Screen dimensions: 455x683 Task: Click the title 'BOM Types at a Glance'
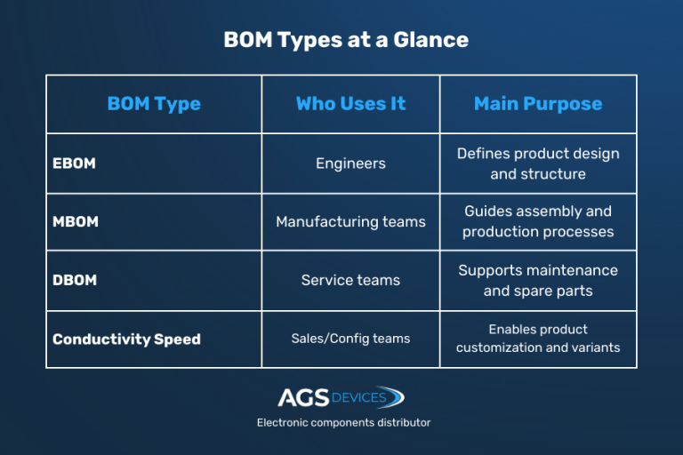point(345,40)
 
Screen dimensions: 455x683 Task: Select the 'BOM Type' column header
point(154,104)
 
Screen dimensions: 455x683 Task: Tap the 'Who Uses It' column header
point(350,104)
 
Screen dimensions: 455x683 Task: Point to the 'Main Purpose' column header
point(538,104)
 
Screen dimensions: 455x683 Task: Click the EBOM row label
point(74,164)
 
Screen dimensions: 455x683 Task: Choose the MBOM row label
point(76,221)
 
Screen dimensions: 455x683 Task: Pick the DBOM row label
point(75,280)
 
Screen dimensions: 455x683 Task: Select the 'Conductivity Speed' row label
point(126,339)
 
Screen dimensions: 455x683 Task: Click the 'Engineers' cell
point(350,164)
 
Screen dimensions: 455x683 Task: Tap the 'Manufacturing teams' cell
point(350,221)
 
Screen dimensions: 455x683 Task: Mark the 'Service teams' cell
point(350,280)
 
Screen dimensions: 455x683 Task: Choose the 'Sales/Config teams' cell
point(350,339)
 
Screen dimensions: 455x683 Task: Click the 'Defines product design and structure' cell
point(538,164)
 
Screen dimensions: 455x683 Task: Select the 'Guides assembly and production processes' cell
point(538,221)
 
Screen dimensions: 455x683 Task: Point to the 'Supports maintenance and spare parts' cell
point(538,280)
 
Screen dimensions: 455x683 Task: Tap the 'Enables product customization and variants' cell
point(538,339)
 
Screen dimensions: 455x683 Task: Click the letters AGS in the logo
point(303,397)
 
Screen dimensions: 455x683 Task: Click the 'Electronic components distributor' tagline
point(343,423)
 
